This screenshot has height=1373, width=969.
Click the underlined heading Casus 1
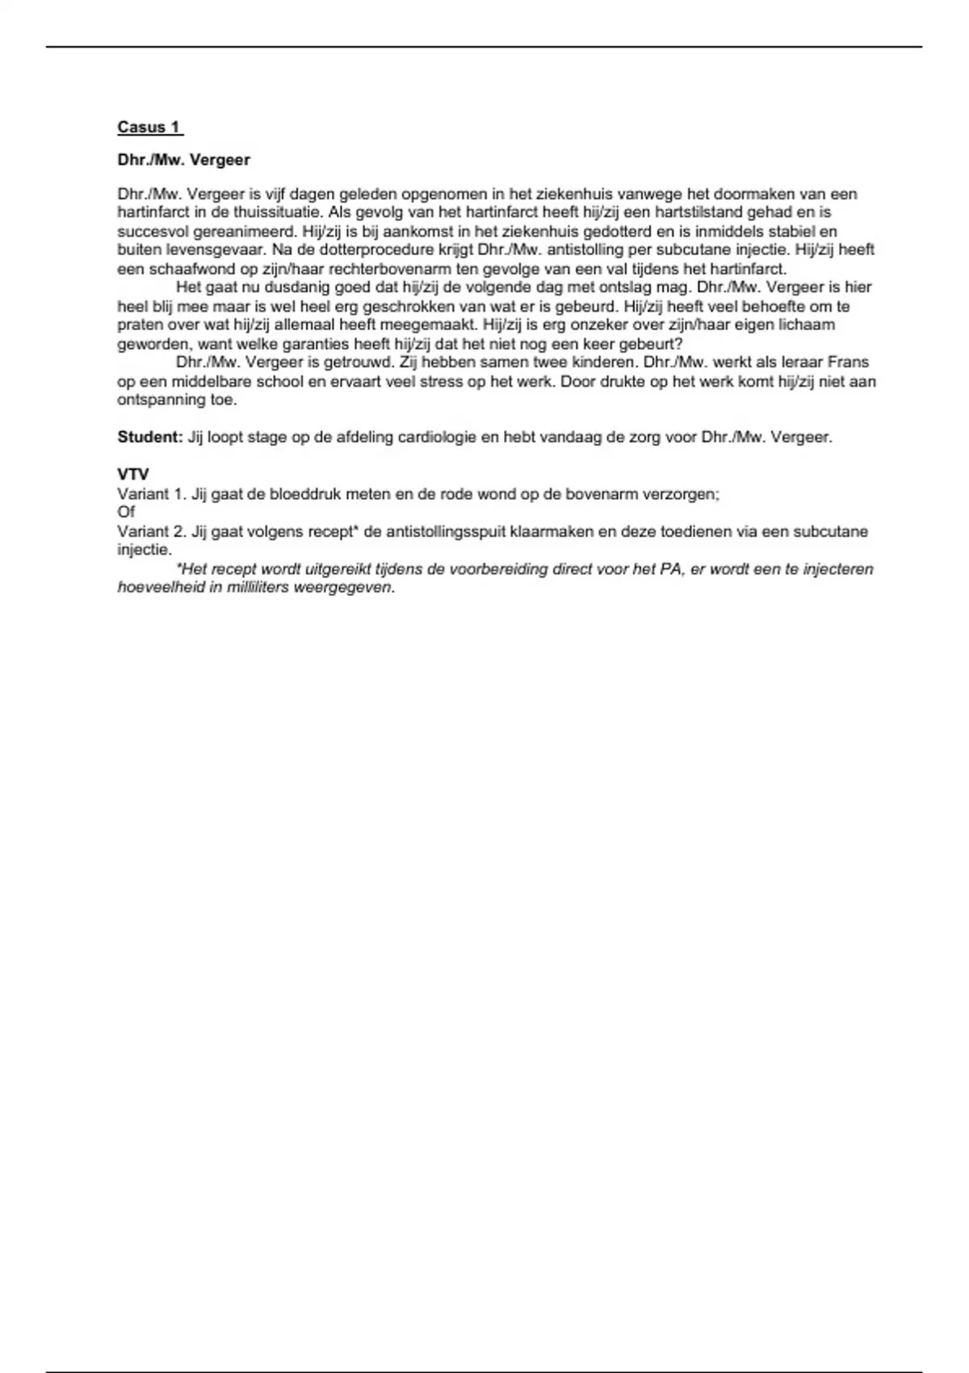[x=149, y=127]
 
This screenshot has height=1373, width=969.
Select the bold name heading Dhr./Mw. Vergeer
[x=183, y=160]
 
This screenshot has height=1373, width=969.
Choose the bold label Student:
[x=150, y=437]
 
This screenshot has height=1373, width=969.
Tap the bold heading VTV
[x=133, y=474]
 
